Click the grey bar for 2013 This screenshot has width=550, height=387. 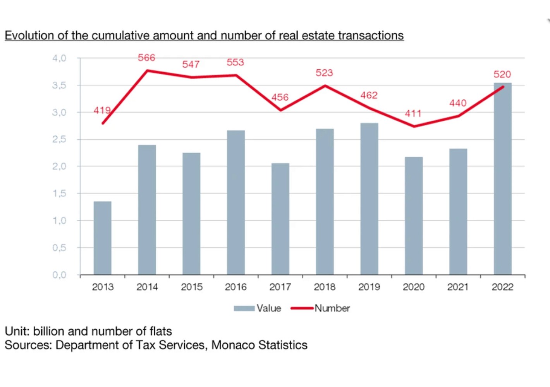(x=102, y=238)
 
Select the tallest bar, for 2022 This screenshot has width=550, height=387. (x=502, y=178)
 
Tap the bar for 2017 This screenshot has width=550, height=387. (x=280, y=219)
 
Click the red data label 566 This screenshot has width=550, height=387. (x=146, y=58)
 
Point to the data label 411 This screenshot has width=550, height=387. (x=413, y=113)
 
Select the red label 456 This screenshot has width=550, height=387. (x=280, y=97)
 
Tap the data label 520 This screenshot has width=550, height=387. (x=502, y=74)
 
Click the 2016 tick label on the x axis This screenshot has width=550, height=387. (x=235, y=287)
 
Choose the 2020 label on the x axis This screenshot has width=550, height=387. (x=413, y=287)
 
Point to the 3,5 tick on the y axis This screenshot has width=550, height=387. (x=59, y=85)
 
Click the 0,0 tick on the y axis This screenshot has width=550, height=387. (x=59, y=275)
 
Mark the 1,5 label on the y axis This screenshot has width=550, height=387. (x=59, y=193)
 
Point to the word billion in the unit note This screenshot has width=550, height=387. (x=49, y=331)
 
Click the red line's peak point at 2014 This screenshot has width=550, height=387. (x=147, y=70)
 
